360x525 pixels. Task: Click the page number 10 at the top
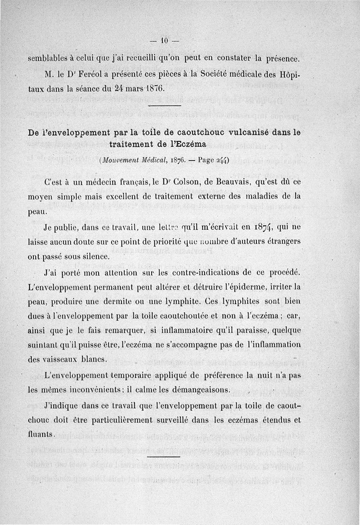tap(164, 41)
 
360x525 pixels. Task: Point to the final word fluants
tap(40, 434)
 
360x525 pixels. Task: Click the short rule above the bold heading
tap(164, 106)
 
